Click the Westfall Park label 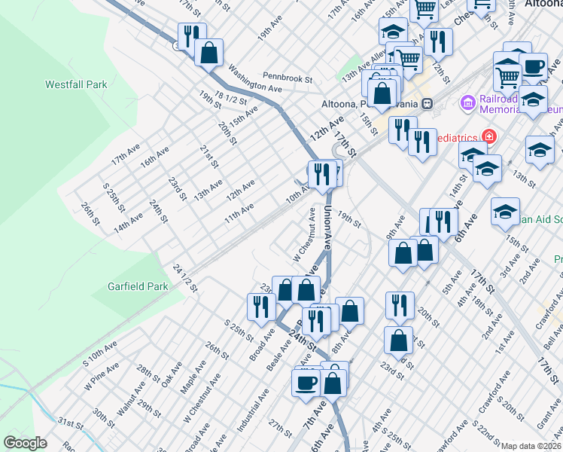tap(76, 85)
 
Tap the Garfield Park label tap(138, 287)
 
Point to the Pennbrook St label tap(288, 78)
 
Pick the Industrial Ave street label tap(254, 410)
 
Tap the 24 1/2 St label tap(184, 279)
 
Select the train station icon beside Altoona tap(427, 102)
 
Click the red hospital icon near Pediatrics tap(489, 136)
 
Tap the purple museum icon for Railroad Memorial tap(467, 101)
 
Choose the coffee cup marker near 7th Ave tap(306, 381)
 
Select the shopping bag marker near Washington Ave tap(209, 53)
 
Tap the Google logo tap(26, 442)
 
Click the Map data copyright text tap(531, 446)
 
